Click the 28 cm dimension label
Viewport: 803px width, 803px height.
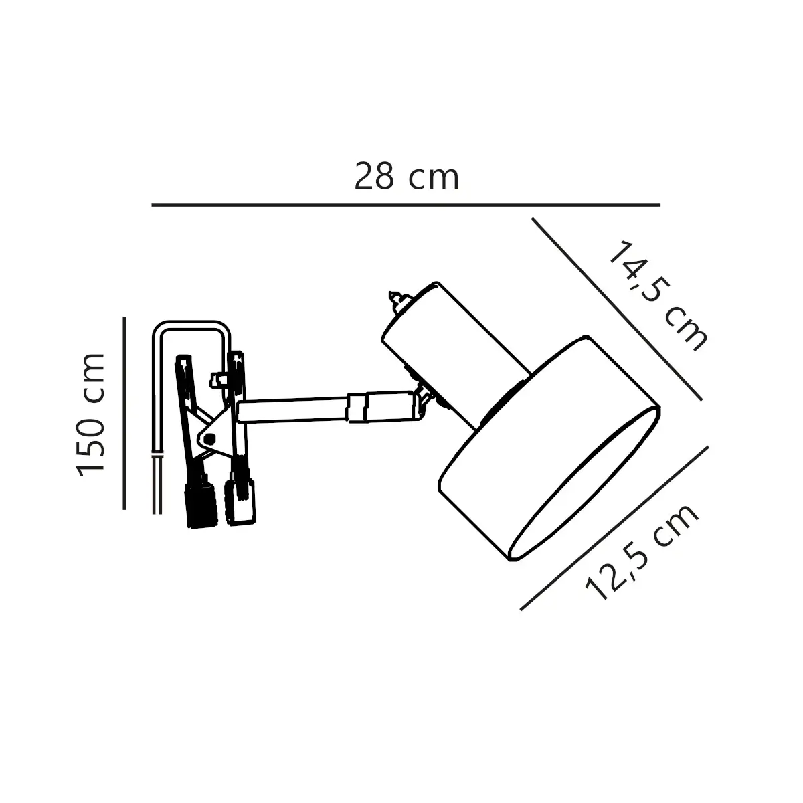coord(406,177)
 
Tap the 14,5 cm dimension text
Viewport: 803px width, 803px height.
coord(659,296)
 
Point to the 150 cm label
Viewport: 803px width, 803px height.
coord(90,415)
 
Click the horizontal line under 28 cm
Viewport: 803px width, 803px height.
coord(406,205)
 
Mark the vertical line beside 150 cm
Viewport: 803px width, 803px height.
coord(124,414)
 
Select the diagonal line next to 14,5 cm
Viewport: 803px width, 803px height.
coord(617,308)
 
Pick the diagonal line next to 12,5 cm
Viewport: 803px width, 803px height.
coord(615,529)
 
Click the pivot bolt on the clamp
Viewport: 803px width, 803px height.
coord(209,438)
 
